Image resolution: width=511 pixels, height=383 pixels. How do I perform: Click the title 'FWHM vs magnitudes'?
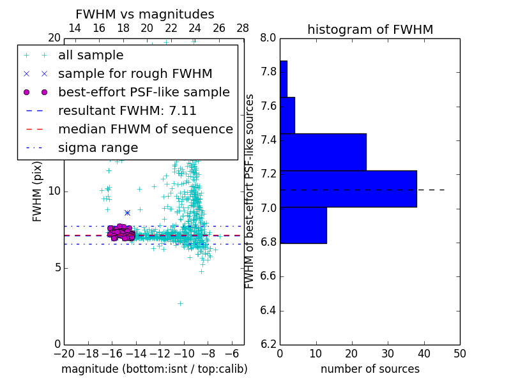pos(145,14)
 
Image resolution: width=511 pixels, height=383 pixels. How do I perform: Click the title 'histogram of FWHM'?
pos(370,29)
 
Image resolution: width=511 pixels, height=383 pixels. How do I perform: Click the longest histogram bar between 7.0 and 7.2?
pos(348,189)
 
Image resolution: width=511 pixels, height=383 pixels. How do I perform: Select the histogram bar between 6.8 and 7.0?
pos(303,225)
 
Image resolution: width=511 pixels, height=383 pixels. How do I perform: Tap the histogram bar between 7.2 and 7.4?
pos(323,152)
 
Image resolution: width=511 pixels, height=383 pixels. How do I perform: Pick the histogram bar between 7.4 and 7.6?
pos(287,115)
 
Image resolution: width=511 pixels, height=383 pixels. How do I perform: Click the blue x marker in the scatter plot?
pos(127,213)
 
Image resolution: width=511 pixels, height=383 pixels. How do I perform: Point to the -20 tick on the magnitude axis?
pos(64,353)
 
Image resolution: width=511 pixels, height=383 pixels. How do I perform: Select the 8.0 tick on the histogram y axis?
pos(268,38)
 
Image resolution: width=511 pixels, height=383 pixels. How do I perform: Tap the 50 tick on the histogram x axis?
pos(459,353)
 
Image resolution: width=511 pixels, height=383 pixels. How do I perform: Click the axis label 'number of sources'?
pos(370,369)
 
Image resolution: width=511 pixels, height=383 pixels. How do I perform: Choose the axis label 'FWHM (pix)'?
pos(38,191)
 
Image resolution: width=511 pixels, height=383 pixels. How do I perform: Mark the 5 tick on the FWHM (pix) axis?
pos(56,267)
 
